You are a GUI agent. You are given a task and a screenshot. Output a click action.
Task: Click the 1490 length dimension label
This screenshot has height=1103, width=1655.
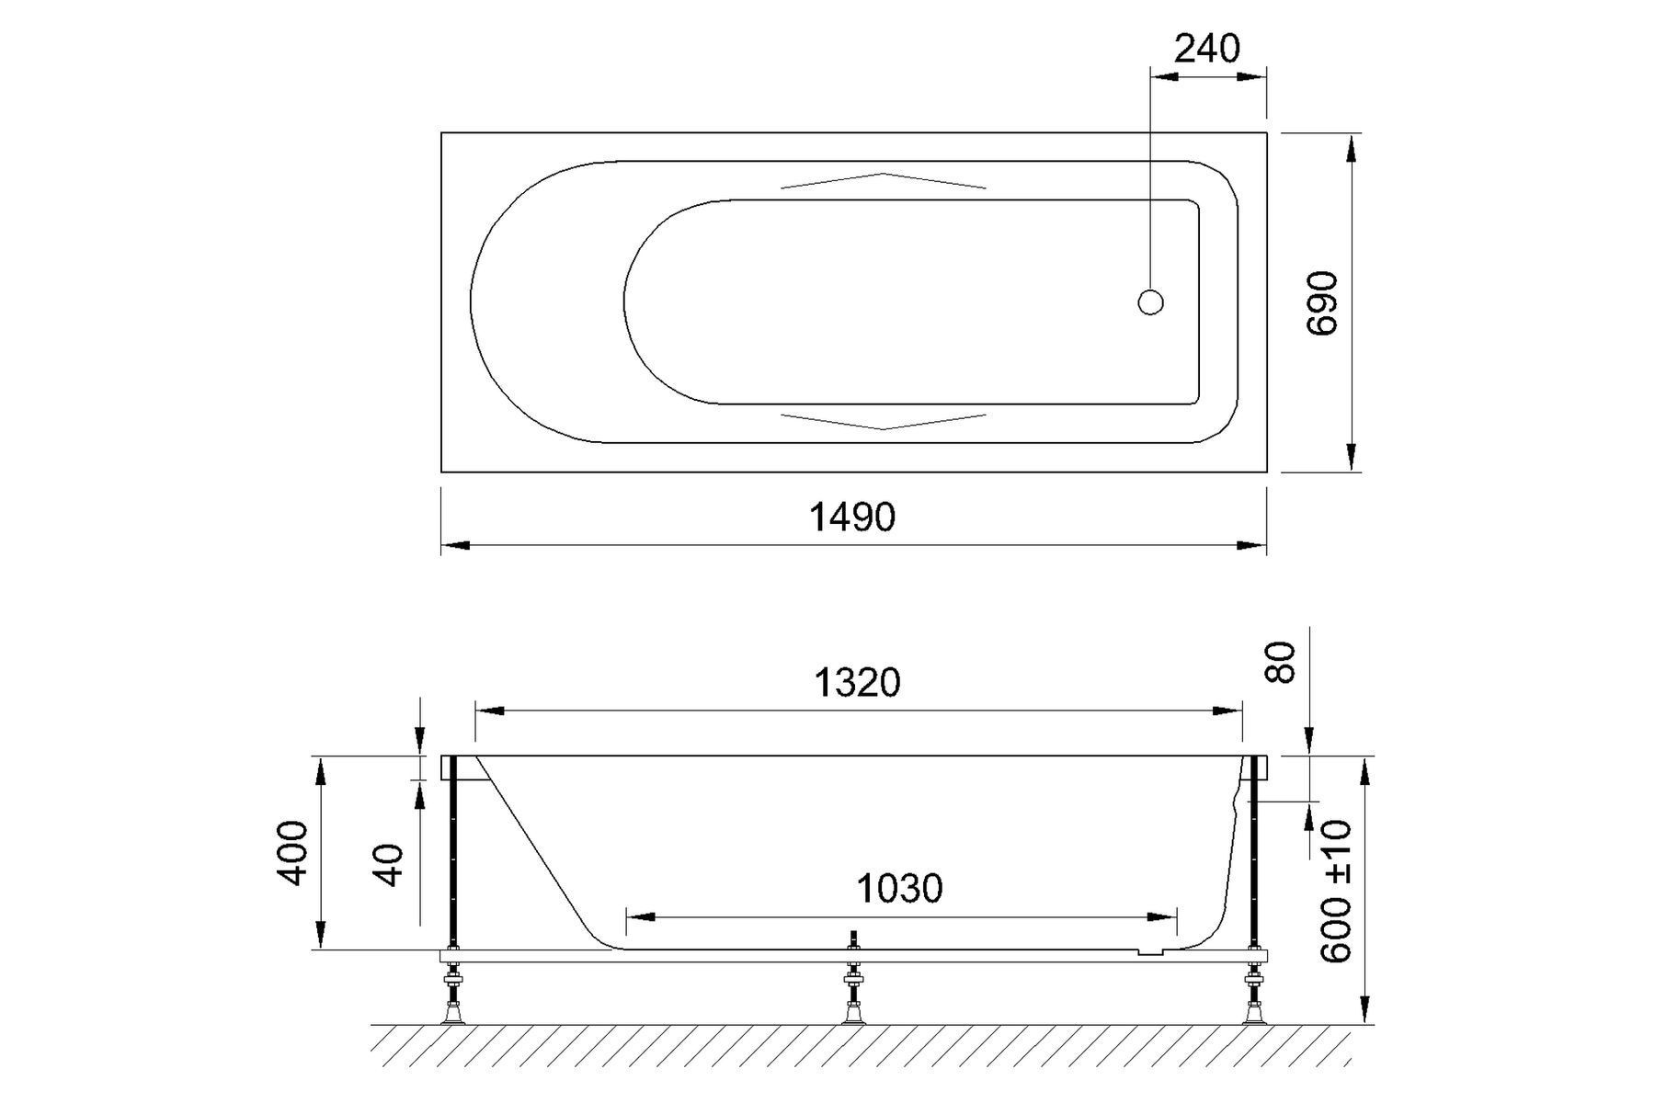[851, 517]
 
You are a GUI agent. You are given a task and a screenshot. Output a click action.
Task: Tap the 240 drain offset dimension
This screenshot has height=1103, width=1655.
[1207, 49]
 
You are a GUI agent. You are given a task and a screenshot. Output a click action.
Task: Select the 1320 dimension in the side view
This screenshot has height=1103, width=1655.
[857, 683]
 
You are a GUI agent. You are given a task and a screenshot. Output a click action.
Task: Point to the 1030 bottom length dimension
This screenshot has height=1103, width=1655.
[899, 889]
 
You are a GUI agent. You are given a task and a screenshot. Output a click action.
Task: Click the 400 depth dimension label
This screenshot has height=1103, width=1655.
[293, 853]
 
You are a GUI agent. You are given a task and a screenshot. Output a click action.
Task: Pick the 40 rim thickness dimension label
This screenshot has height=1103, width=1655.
[391, 865]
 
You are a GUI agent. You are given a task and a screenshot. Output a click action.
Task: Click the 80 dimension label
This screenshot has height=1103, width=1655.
[1282, 662]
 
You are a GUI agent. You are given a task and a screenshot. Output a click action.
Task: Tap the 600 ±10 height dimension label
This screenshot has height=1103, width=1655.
[1337, 892]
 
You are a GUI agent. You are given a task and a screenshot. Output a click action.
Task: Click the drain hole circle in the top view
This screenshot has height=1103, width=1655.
[1150, 301]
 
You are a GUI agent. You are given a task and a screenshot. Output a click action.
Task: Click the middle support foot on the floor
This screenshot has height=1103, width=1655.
[853, 1011]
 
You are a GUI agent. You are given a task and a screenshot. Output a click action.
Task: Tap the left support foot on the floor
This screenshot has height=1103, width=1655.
[452, 1011]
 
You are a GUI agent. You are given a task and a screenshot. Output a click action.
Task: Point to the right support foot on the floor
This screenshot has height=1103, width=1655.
[1253, 1011]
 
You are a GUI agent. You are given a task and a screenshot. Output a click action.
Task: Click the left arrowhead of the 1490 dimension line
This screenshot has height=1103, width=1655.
[455, 546]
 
